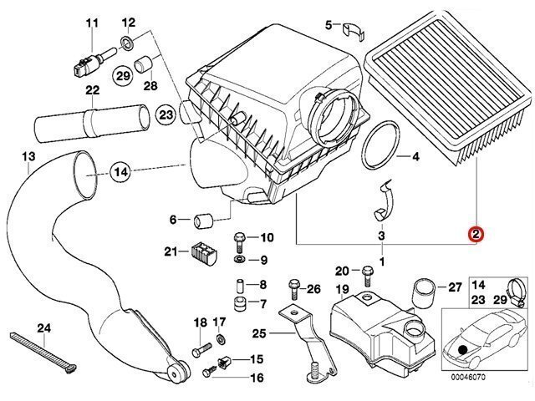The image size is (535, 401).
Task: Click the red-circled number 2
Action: [475, 236]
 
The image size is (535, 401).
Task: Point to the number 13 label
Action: [28, 157]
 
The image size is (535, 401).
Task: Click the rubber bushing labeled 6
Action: [201, 221]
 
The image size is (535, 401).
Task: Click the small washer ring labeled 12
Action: [126, 43]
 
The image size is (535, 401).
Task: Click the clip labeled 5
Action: [354, 28]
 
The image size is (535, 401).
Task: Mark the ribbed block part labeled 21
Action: [201, 252]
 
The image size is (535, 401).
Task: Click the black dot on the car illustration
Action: [462, 345]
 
